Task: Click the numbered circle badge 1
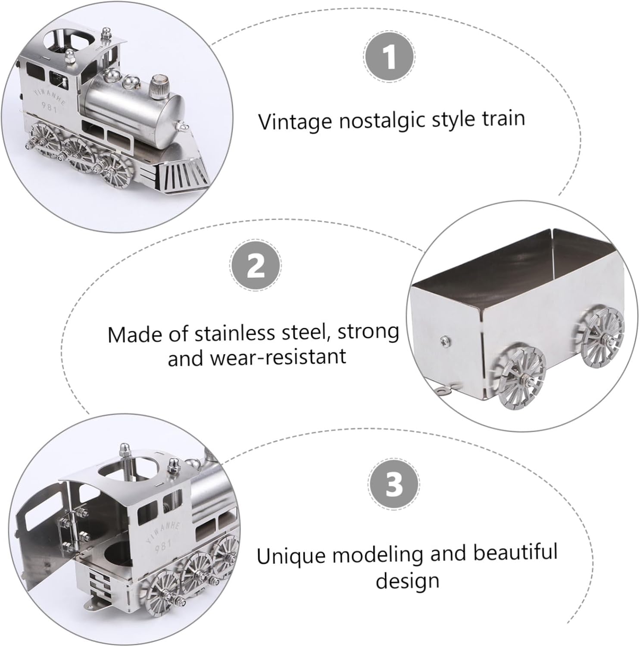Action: click(389, 57)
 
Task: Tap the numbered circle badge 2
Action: click(256, 265)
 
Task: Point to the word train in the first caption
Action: click(503, 118)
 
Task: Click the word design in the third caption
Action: click(407, 581)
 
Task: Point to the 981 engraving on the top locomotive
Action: click(50, 107)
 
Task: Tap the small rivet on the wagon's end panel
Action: click(443, 342)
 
